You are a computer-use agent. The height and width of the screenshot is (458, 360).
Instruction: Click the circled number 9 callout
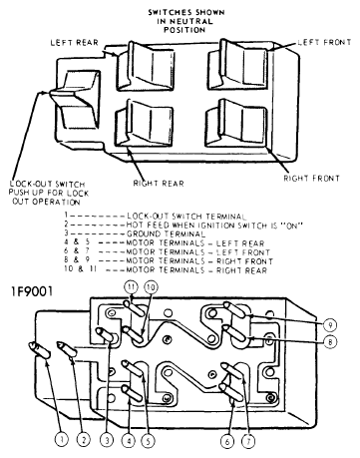pyautogui.click(x=331, y=326)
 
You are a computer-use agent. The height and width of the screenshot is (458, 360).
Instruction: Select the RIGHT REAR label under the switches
pyautogui.click(x=161, y=183)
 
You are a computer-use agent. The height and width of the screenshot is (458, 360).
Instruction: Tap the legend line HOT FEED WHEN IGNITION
pyautogui.click(x=199, y=223)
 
